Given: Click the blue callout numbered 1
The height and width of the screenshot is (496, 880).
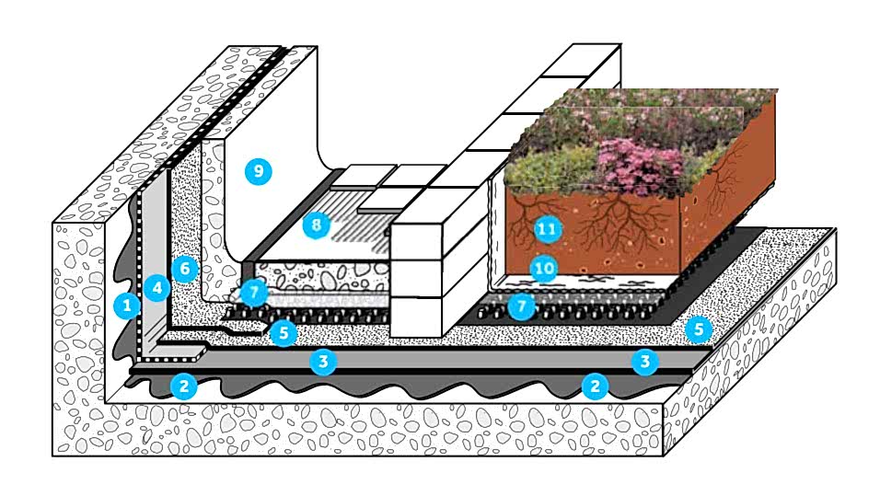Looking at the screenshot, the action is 127,306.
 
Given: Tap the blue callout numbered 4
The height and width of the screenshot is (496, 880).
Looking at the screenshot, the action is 156,288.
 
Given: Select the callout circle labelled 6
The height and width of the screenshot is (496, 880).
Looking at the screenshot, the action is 185,270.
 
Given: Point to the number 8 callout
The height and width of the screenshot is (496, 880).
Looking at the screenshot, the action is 316,225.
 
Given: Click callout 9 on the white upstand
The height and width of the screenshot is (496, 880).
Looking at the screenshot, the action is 258,171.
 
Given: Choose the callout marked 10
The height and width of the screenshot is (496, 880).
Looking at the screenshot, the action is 544,270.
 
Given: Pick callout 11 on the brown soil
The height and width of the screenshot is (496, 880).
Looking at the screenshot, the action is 547,229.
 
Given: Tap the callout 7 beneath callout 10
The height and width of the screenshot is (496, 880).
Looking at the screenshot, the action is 521,306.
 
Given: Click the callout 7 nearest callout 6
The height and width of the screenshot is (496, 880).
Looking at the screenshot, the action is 254,292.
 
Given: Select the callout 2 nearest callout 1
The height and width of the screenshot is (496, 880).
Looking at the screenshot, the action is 183,386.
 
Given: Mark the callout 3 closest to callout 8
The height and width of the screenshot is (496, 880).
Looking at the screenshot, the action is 323,362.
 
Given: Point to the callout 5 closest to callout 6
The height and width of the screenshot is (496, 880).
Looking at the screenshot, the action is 284,333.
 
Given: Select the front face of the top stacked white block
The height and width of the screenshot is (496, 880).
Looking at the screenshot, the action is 416,242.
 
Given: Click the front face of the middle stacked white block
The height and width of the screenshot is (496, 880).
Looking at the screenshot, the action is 416,279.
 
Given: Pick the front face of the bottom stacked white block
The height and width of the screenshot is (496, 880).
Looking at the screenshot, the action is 416,317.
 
